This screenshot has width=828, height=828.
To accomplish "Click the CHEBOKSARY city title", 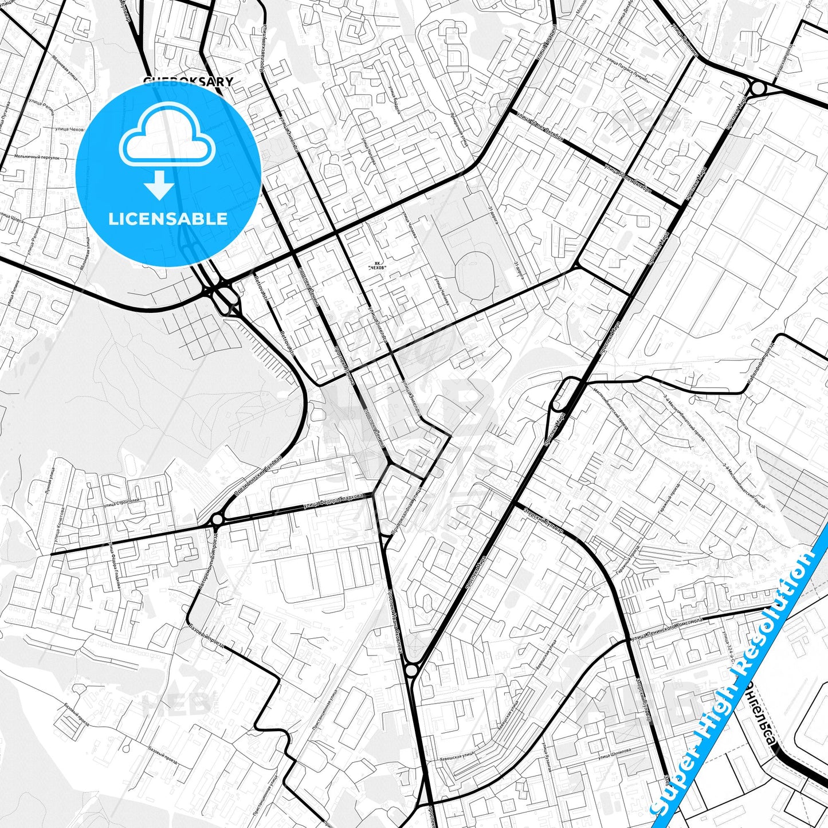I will click(x=188, y=81).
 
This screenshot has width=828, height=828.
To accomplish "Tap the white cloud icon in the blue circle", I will click(x=167, y=136).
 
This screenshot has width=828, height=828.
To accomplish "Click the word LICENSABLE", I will click(x=168, y=219).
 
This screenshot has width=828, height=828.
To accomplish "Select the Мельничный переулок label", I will click(x=37, y=157).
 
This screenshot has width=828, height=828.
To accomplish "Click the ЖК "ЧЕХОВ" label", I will click(x=377, y=265).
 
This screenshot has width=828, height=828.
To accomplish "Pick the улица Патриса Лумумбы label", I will click(x=628, y=70).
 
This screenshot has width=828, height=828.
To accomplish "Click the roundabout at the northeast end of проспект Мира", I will click(x=758, y=89).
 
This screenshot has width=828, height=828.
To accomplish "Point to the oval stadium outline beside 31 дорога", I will click(x=474, y=273).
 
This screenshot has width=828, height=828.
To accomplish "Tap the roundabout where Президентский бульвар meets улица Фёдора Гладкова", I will click(x=217, y=520).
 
